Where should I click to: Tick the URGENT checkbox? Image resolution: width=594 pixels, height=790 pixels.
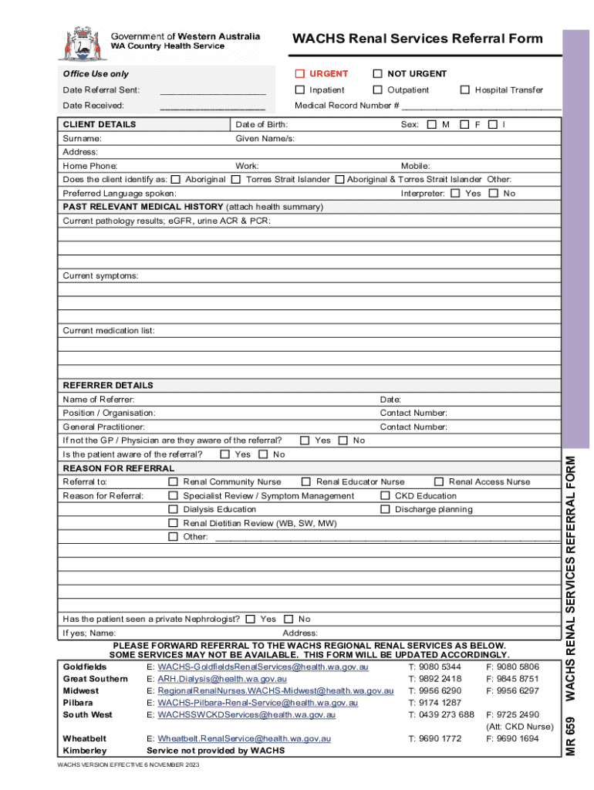[300, 74]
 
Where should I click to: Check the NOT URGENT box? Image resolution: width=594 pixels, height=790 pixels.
[377, 74]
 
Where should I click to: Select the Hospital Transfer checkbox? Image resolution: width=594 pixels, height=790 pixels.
[464, 90]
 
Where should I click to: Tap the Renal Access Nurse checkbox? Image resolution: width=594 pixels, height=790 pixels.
[439, 482]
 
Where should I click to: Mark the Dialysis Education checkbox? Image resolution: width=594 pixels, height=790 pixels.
[173, 510]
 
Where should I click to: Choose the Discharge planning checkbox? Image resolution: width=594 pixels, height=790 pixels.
[385, 510]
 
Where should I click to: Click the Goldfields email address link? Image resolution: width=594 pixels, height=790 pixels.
[263, 667]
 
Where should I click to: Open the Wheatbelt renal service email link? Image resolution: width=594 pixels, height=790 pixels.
[244, 738]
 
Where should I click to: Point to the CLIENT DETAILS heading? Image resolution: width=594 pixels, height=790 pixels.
[100, 125]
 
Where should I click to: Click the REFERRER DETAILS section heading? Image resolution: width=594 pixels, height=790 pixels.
[108, 386]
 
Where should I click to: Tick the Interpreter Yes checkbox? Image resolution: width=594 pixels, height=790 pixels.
[455, 194]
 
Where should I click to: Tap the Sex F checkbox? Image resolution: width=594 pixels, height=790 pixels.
[464, 125]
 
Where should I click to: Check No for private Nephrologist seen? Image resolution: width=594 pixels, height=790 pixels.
[289, 620]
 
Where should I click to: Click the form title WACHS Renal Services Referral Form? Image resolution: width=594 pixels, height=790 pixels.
[417, 39]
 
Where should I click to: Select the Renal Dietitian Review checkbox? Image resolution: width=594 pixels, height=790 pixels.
[173, 524]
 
